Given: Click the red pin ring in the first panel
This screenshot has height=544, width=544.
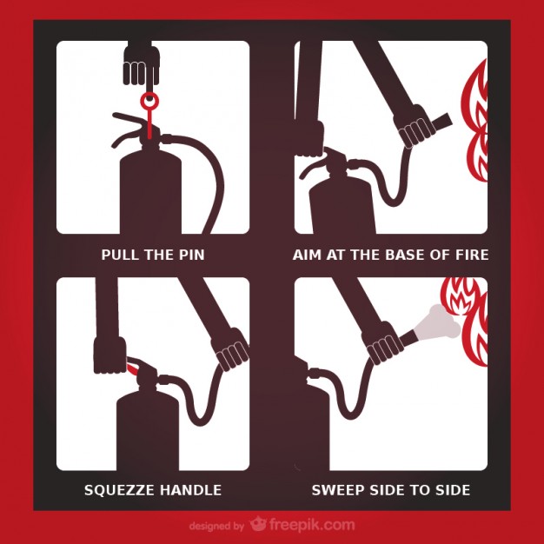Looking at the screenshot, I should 151,101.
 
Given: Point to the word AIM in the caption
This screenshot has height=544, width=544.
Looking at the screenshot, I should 307,255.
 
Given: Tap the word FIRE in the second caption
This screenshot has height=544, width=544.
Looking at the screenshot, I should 470,255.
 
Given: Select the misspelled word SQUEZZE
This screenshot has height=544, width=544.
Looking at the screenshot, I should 117,490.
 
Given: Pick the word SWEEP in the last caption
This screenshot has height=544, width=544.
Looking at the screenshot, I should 335,490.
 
